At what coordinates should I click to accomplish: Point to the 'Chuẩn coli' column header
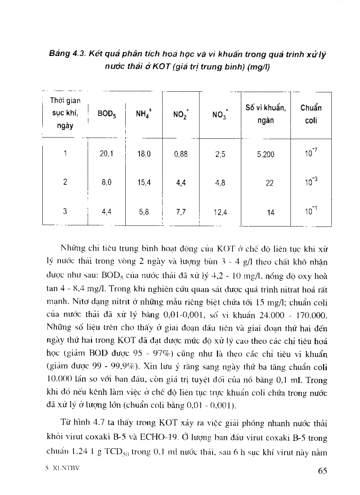tap(311, 114)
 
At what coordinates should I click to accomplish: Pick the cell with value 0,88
tap(180, 154)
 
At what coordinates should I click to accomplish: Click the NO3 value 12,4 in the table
tap(220, 212)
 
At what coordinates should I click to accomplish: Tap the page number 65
tap(322, 471)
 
